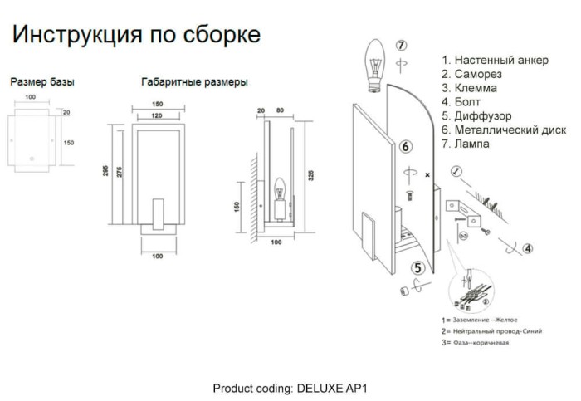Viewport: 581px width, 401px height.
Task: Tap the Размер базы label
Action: tap(42, 82)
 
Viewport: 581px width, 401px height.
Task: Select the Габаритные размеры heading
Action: tap(194, 82)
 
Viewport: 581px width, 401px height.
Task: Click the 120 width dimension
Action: tap(157, 116)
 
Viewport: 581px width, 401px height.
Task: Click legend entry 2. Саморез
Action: tap(471, 74)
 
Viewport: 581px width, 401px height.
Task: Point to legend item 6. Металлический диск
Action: tap(503, 130)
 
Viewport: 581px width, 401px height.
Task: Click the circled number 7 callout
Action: tap(401, 45)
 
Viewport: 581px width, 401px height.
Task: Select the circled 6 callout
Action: tap(406, 147)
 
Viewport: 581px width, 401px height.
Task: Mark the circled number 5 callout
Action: tap(418, 267)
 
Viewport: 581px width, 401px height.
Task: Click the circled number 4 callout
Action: tap(527, 247)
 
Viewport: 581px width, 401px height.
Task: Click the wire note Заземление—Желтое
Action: tap(486, 320)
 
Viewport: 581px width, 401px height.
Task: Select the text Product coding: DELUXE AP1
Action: tap(290, 388)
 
